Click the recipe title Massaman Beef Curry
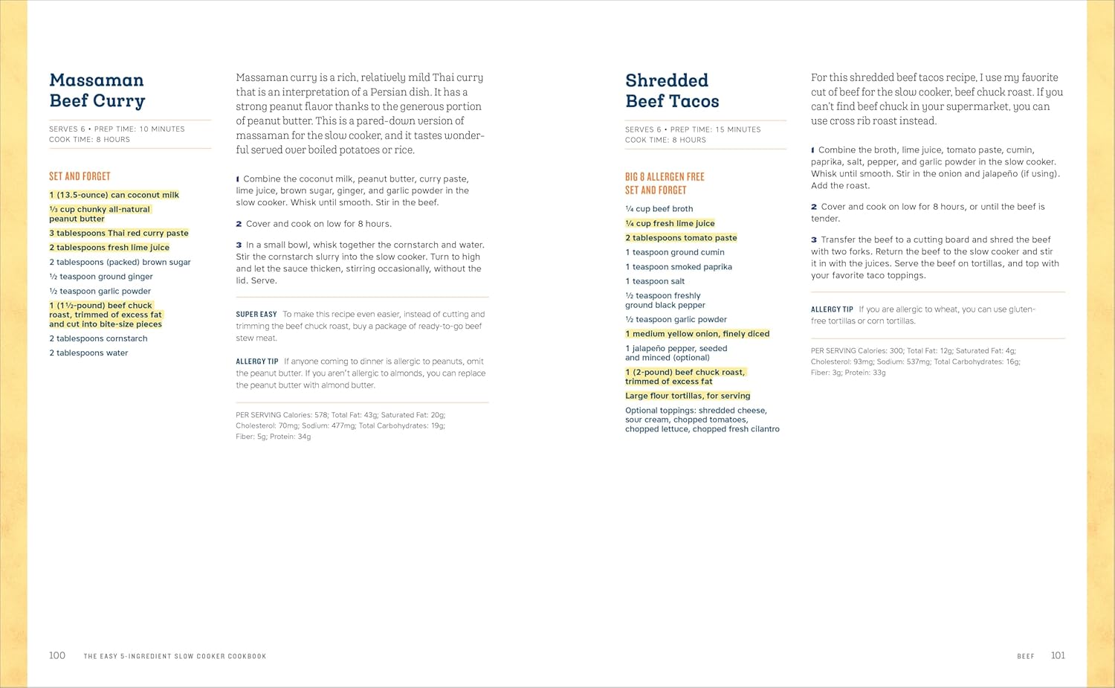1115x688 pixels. pos(97,91)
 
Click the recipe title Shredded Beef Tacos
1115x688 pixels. pos(672,91)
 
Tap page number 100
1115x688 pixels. pos(57,655)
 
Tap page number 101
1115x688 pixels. pos(1058,655)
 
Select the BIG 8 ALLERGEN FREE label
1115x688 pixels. pos(665,177)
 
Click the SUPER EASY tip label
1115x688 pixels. pos(256,315)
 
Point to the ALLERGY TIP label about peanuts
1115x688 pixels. pos(257,361)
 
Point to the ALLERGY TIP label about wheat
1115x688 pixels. pos(832,309)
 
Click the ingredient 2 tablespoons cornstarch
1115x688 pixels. pos(98,338)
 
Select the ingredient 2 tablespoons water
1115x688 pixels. pos(88,353)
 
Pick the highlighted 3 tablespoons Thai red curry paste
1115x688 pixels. pos(119,233)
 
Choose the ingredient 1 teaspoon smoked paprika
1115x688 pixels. pos(679,267)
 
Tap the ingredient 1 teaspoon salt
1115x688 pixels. pos(655,281)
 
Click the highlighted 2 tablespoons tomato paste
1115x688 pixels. pos(681,238)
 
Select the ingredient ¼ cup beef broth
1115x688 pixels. pos(659,209)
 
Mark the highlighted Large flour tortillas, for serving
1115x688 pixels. pos(688,396)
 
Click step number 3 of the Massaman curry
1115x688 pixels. pos(239,245)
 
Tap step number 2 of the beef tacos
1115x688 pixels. pos(814,207)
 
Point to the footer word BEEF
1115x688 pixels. pos(1025,656)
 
